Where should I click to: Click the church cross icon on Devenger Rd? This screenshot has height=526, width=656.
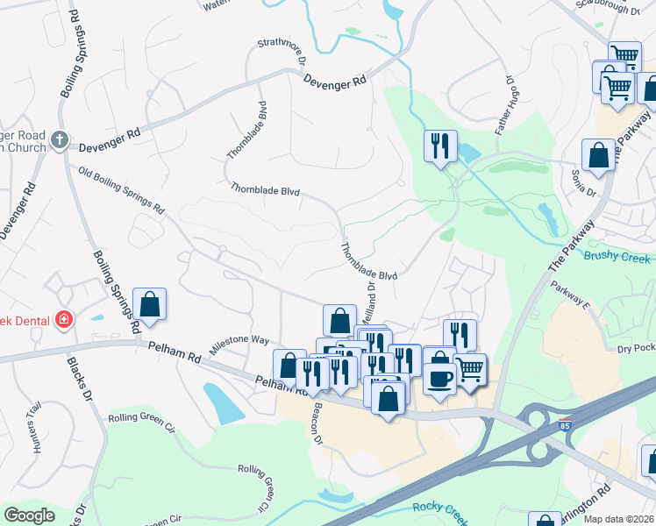(x=59, y=139)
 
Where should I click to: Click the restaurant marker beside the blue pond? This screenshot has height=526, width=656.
(x=439, y=145)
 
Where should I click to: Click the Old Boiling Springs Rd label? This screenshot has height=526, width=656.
(x=121, y=191)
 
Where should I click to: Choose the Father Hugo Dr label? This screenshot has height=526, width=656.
(x=504, y=103)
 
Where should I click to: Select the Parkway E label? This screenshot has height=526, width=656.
(x=570, y=295)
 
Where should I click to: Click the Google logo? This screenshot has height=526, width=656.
(x=29, y=515)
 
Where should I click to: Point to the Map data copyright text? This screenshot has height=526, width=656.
(x=619, y=519)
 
